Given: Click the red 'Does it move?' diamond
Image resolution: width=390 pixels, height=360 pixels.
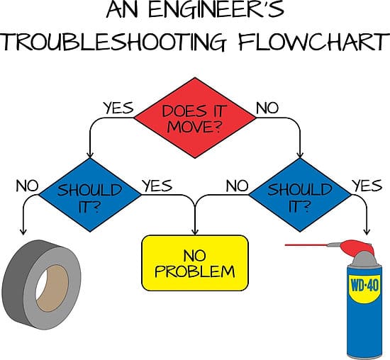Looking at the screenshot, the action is click(x=195, y=118).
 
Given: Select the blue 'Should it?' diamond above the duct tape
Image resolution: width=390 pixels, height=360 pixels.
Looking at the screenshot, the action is click(x=90, y=195).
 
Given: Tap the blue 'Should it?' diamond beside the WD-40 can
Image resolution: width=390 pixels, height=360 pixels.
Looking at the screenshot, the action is click(x=300, y=195).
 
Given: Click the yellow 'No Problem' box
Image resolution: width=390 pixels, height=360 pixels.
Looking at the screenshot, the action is click(x=195, y=263).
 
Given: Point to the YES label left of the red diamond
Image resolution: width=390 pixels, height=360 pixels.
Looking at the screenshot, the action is click(x=118, y=108).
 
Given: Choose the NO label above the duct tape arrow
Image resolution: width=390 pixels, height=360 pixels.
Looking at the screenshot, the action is click(x=27, y=186).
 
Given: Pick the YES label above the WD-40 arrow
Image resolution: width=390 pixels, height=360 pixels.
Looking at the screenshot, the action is click(x=367, y=185).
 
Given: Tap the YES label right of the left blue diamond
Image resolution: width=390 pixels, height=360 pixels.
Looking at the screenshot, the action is click(x=157, y=186).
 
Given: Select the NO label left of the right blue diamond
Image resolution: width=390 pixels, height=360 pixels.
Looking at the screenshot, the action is click(x=237, y=186).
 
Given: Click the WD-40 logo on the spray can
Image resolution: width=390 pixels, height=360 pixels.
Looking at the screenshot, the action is click(x=364, y=286).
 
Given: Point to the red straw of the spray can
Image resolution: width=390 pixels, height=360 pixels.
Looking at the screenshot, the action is click(x=306, y=245).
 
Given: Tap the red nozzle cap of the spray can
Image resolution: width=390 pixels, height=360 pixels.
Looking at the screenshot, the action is click(x=357, y=248).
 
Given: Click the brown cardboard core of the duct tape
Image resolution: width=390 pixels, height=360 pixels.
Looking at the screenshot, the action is click(x=53, y=288).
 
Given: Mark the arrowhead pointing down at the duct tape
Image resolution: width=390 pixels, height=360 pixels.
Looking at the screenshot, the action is click(x=23, y=232).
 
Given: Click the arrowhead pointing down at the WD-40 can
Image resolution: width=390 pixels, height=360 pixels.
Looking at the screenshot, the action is click(x=367, y=232).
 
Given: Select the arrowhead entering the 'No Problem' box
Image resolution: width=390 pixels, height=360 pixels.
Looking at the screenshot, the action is click(x=195, y=232).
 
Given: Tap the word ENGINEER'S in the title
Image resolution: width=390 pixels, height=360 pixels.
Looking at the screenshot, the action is click(x=216, y=9).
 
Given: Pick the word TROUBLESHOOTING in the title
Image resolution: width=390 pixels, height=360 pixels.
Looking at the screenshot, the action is click(x=114, y=42).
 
